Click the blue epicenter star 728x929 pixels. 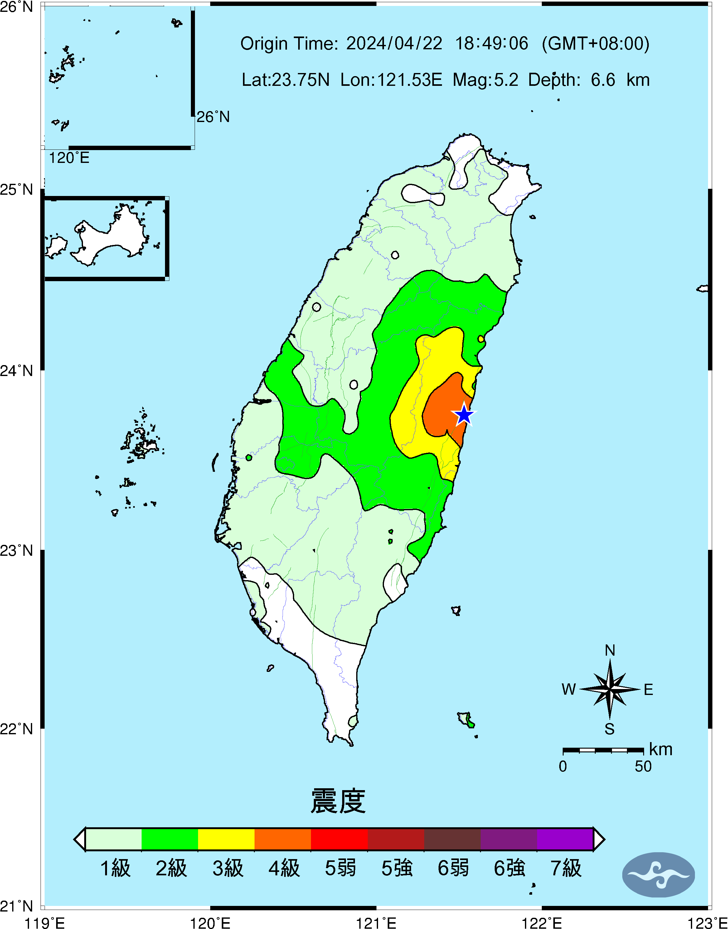464,414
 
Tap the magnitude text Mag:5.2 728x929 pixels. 485,80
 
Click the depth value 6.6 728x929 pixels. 603,80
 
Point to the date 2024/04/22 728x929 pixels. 394,43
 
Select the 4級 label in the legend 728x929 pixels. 284,868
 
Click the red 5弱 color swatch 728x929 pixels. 339,839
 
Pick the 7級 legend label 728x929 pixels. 565,868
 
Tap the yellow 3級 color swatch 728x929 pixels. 226,839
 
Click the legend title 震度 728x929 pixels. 338,801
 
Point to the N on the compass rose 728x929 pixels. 610,651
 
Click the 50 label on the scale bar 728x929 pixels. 643,766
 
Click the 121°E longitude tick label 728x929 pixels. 376,923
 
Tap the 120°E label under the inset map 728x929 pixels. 69,158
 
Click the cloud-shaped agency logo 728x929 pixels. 658,875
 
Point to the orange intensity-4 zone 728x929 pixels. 443,409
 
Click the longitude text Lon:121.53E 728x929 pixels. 391,80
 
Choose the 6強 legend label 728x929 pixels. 509,868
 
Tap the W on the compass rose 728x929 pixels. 569,689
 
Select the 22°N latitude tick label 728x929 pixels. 17,729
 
